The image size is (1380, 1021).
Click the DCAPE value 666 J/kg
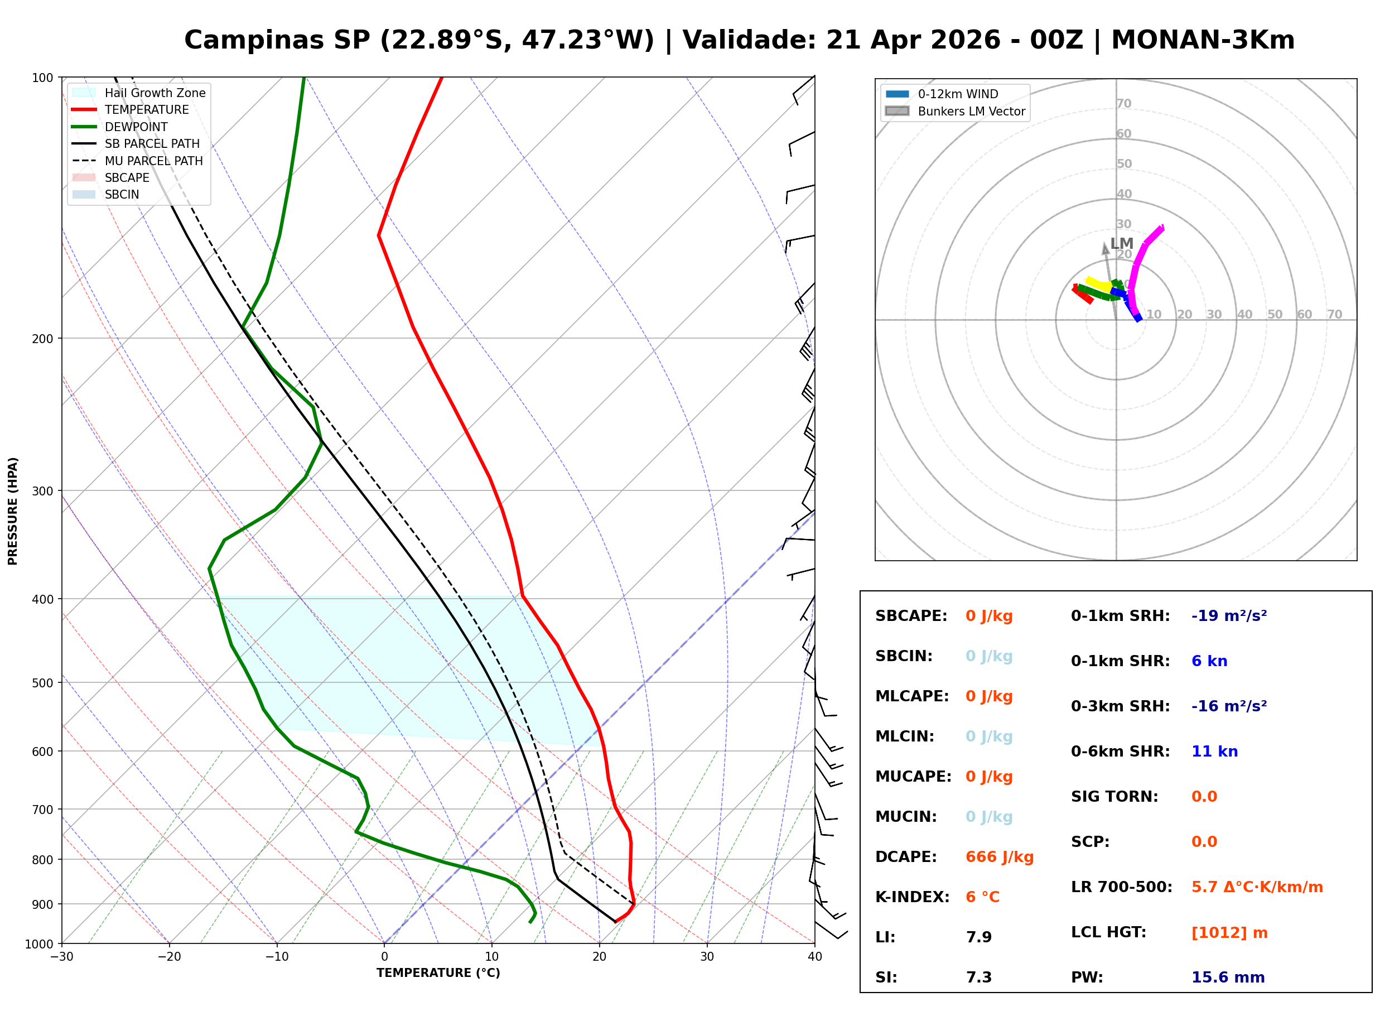tap(999, 856)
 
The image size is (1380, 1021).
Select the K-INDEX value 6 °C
tap(982, 897)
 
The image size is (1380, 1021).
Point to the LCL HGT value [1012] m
tap(1229, 933)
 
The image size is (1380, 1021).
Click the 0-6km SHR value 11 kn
tap(1214, 752)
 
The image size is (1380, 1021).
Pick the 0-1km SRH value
tap(1229, 616)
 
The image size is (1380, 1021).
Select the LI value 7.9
tap(978, 937)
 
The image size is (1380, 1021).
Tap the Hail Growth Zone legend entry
tap(155, 93)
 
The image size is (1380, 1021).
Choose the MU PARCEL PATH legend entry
tap(153, 161)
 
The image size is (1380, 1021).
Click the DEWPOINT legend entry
tap(136, 127)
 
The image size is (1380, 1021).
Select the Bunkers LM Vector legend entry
tap(971, 111)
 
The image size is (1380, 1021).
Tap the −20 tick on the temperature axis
tap(168, 957)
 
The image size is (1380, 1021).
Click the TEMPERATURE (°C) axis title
tap(438, 973)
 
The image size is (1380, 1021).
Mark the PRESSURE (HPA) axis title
tap(13, 510)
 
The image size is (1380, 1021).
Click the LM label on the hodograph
tap(1121, 243)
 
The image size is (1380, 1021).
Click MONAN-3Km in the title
tap(1202, 40)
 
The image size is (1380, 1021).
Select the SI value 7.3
tap(978, 977)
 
